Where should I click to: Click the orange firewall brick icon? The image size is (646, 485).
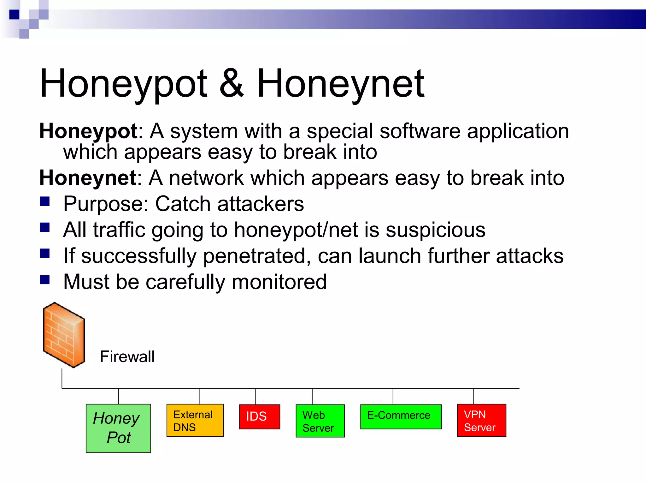(x=64, y=335)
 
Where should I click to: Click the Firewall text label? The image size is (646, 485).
(x=127, y=357)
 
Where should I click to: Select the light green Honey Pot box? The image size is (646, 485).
(x=118, y=428)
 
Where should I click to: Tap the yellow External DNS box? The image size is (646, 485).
(x=195, y=420)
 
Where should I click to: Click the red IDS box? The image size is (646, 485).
(x=259, y=416)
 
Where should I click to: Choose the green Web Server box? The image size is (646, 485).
(x=320, y=421)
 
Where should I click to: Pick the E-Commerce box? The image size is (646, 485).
(x=401, y=416)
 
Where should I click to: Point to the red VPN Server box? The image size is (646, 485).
(x=481, y=420)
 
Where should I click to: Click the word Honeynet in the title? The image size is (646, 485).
(x=341, y=84)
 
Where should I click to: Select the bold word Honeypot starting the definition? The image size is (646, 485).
(x=88, y=131)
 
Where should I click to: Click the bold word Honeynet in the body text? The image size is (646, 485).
(x=88, y=178)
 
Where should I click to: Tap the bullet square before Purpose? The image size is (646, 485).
(x=45, y=201)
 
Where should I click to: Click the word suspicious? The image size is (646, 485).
(x=436, y=230)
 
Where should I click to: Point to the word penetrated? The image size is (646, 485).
(x=254, y=256)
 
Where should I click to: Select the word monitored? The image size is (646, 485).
(x=279, y=282)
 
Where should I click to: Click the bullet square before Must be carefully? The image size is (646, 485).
(x=45, y=279)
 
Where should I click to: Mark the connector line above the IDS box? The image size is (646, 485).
(x=256, y=396)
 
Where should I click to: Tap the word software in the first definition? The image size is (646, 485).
(x=420, y=131)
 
